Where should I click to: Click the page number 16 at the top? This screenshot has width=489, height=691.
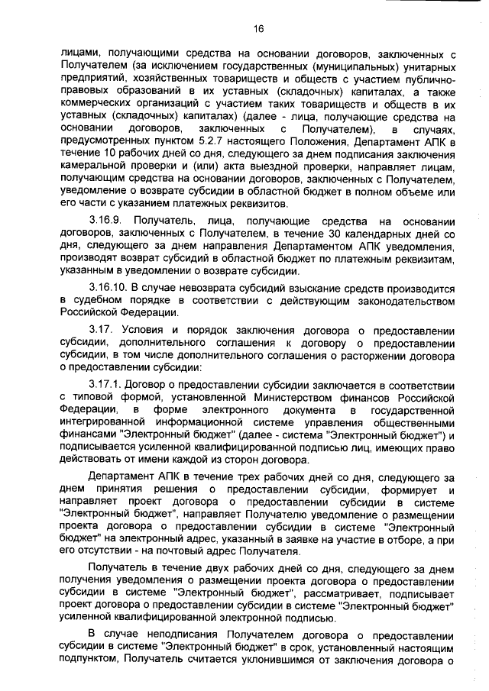pos(258,28)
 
